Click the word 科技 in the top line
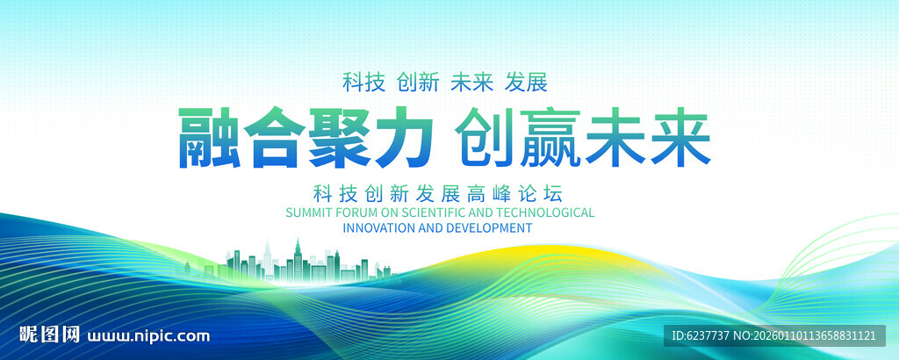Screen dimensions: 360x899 pos(363,83)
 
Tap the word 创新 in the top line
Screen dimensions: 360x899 pos(418,83)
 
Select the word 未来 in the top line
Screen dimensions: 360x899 pos(472,83)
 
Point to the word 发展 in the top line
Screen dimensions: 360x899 pos(527,83)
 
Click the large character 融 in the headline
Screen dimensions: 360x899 pos(211,140)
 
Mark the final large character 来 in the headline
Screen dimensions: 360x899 pos(680,140)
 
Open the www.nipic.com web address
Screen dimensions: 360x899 pos(149,335)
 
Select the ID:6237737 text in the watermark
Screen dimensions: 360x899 pos(700,335)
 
